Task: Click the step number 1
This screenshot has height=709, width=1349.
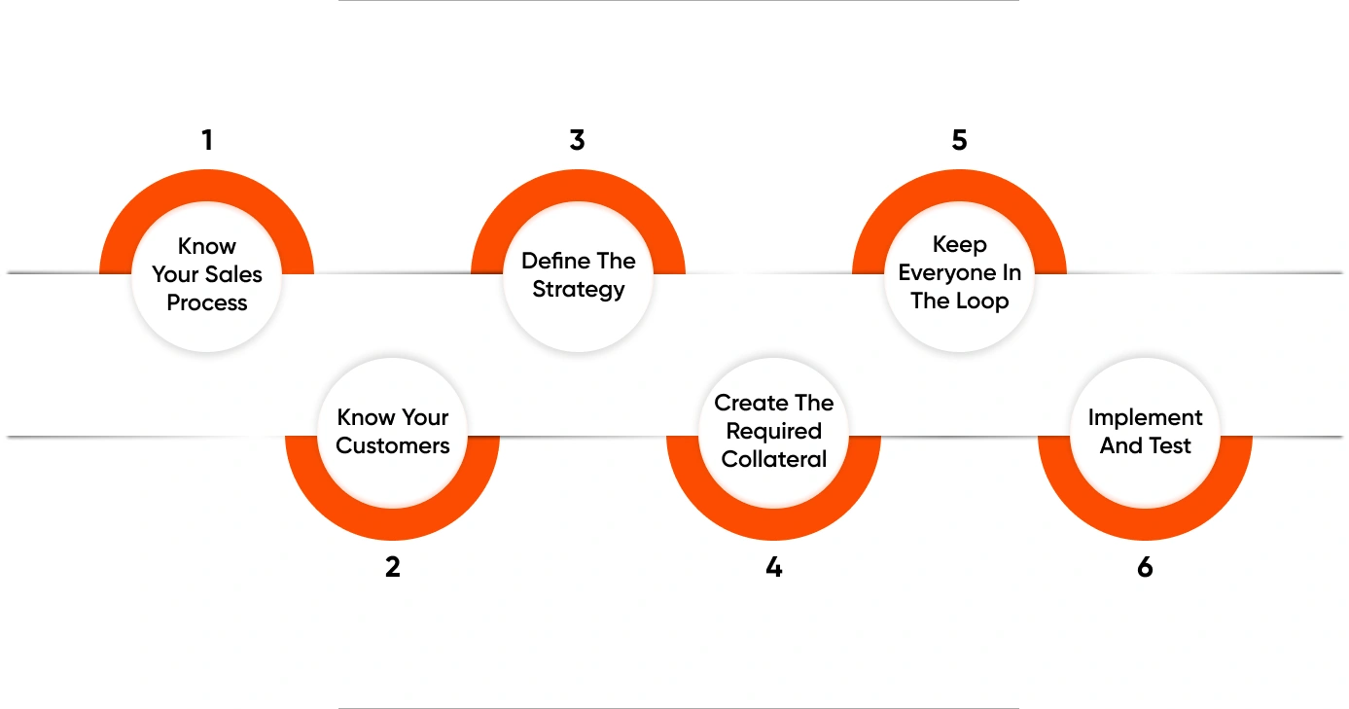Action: click(207, 140)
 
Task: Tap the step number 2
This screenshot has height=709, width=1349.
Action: click(393, 567)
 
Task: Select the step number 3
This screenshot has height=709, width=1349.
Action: click(577, 140)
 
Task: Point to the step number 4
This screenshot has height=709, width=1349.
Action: click(774, 567)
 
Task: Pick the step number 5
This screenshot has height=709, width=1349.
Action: click(959, 140)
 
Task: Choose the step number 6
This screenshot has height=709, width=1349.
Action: click(1145, 567)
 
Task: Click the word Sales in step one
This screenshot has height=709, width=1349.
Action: click(234, 274)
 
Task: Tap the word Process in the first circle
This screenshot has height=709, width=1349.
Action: click(206, 302)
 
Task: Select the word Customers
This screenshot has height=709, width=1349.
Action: click(393, 445)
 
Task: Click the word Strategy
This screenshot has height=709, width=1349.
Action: click(579, 290)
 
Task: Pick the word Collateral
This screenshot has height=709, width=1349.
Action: click(774, 460)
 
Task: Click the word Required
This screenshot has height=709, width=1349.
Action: click(774, 431)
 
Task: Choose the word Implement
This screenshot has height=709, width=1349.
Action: click(1145, 418)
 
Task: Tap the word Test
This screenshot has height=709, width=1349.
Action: click(1169, 445)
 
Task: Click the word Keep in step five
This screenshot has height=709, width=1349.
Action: click(959, 245)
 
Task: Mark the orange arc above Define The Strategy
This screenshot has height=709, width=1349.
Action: click(578, 186)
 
